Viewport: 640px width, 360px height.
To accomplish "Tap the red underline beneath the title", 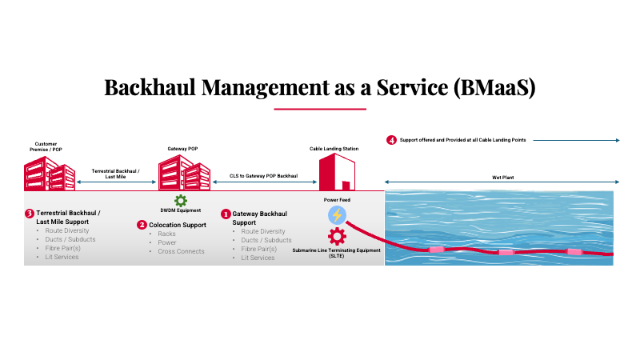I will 319,108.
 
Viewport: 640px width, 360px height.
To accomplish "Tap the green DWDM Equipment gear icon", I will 181,201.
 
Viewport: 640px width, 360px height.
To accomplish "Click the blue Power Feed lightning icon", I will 337,214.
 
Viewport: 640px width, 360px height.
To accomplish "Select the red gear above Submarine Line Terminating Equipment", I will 337,237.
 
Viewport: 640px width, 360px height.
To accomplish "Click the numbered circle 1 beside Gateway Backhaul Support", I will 226,214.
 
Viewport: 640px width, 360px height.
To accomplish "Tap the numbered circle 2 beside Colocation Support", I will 142,226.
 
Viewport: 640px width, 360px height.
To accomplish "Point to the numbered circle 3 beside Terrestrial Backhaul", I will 30,214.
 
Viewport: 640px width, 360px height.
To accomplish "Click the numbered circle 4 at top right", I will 391,140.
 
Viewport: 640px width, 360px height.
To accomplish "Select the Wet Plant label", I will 502,177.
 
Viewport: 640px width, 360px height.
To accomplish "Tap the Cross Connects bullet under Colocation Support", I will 181,251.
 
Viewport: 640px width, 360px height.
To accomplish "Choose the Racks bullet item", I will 167,234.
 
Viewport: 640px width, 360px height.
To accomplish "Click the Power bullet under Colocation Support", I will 167,242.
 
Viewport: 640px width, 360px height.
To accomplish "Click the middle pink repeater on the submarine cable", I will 505,252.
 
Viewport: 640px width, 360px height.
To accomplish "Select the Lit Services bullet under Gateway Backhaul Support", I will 258,258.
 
